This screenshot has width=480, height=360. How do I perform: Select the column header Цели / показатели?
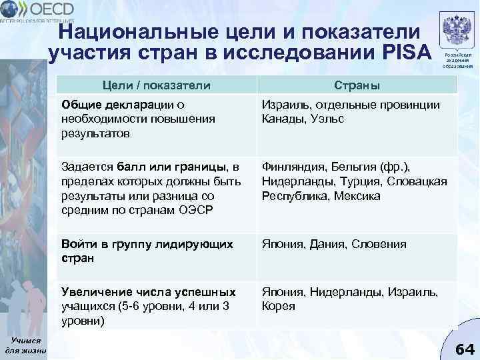click(156, 85)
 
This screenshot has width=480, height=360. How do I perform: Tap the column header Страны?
click(357, 85)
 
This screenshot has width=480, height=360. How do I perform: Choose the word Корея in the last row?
click(279, 307)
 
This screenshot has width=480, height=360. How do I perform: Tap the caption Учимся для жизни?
click(25, 343)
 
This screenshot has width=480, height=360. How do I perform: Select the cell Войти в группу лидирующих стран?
click(147, 251)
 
